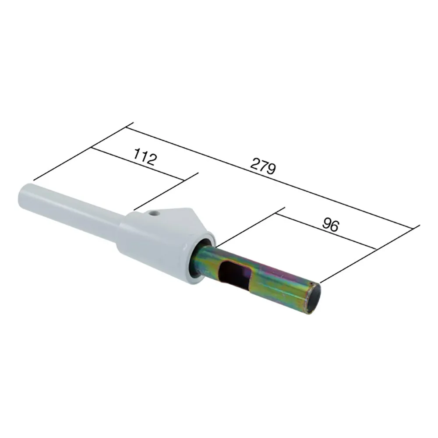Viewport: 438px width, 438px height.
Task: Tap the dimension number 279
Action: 263,166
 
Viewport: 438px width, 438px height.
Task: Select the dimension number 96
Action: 331,225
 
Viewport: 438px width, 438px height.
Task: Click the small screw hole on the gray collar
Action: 153,214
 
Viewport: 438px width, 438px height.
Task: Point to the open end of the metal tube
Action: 314,298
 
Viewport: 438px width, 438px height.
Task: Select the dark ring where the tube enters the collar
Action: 200,257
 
